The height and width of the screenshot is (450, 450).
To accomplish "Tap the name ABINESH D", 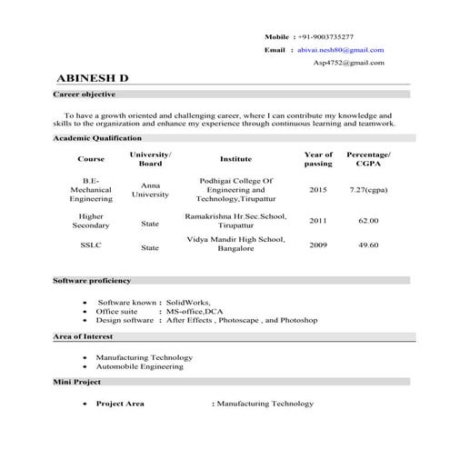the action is pos(93,79).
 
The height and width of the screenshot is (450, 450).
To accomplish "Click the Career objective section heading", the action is pos(85,95).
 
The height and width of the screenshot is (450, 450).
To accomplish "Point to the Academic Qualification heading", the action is pos(97,137).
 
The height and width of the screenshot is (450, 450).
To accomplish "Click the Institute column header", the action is pos(235,159).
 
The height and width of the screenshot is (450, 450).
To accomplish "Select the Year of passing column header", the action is pos(318,159).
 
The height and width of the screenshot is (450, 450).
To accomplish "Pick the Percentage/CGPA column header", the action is pos(369,159).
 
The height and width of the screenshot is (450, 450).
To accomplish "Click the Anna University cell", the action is pos(151,189).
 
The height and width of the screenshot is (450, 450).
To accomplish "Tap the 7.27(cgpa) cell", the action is pos(369,189).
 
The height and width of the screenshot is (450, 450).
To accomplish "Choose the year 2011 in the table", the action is pos(318,221).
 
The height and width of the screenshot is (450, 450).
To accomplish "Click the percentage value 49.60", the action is pos(368,245).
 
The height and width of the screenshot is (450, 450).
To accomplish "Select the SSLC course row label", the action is pos(91,245).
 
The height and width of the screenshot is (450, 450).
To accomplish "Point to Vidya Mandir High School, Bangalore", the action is pos(235,243).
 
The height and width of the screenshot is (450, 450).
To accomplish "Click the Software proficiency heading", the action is pos(92,281).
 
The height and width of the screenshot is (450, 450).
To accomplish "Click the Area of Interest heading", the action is pos(85,337).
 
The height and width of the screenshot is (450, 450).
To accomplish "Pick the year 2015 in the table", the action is pos(318,189).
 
